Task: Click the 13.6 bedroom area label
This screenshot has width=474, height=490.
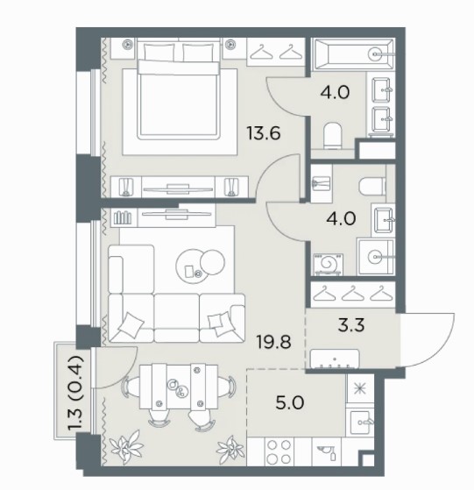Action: click(264, 133)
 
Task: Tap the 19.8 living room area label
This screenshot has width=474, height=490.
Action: click(273, 341)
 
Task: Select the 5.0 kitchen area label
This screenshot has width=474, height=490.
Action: click(290, 403)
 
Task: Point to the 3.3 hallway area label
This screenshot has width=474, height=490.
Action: click(351, 325)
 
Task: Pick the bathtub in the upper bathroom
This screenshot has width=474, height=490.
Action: click(354, 54)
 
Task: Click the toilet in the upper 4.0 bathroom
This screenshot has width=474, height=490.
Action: click(333, 136)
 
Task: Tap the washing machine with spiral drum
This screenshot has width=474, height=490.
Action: click(329, 265)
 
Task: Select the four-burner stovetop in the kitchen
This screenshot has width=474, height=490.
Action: click(279, 452)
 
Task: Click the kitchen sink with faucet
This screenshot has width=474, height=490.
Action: click(361, 423)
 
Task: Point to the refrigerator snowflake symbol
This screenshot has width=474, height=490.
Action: click(360, 388)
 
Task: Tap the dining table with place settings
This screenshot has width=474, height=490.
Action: click(178, 387)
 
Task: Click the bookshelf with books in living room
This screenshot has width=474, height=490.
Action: click(123, 217)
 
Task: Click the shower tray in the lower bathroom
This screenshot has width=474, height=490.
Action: click(376, 257)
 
